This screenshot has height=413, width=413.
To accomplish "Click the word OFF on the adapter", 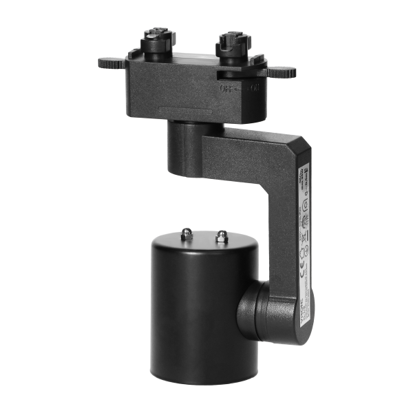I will (x=226, y=89).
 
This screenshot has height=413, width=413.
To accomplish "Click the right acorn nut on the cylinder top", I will (x=221, y=238).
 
